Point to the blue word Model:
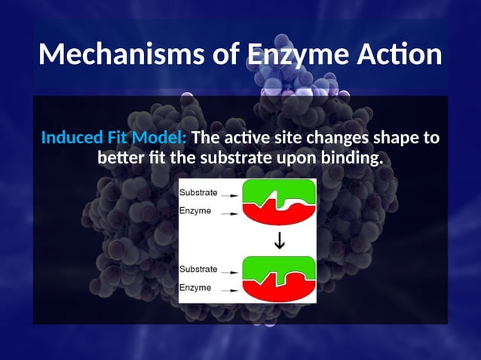pyautogui.click(x=161, y=139)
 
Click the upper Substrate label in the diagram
pyautogui.click(x=198, y=192)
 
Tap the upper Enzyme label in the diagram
pyautogui.click(x=195, y=211)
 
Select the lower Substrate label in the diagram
pyautogui.click(x=198, y=269)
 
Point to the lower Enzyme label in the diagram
pyautogui.click(x=195, y=288)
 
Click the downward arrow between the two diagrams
pyautogui.click(x=279, y=242)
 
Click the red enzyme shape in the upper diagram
pyautogui.click(x=277, y=212)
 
